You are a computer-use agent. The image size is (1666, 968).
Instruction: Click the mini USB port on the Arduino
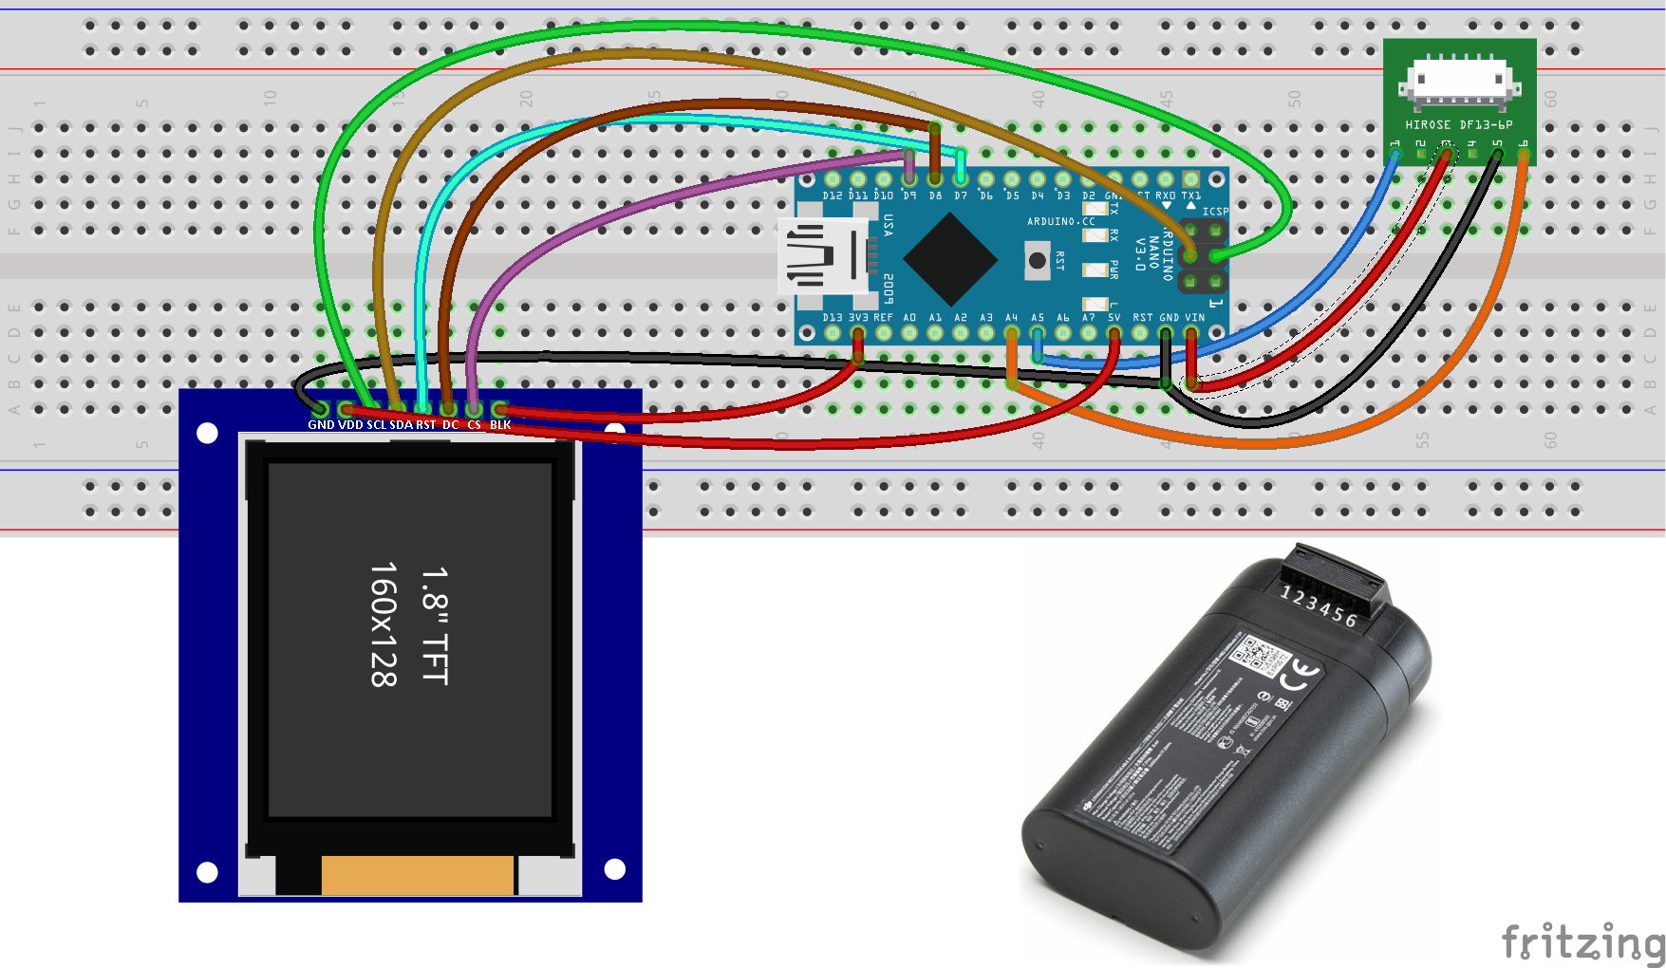coord(824,256)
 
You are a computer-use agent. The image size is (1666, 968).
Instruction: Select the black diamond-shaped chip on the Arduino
coord(949,258)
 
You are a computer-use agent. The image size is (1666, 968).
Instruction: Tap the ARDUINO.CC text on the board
coord(1060,221)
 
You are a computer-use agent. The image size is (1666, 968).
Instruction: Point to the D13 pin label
coord(833,318)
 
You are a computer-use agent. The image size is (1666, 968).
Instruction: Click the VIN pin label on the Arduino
coord(1194,318)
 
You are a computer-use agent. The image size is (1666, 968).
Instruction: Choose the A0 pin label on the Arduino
coord(909,318)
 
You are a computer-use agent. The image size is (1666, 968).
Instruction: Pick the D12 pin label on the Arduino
coord(833,195)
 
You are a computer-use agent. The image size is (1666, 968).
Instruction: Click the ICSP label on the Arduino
coord(1215,212)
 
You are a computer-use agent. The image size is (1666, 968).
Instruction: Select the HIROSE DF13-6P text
coord(1459,124)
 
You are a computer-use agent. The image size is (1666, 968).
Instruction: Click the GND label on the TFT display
coord(321,425)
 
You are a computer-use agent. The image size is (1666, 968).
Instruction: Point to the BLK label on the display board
coord(500,425)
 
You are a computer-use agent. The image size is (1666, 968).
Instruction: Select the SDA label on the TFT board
coord(401,425)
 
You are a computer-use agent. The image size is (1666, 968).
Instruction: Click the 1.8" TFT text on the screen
coord(435,626)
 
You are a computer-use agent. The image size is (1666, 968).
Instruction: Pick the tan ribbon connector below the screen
coord(418,875)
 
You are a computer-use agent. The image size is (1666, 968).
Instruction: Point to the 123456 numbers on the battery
coord(1319,605)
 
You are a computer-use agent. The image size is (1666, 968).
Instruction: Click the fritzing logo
coord(1581,941)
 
